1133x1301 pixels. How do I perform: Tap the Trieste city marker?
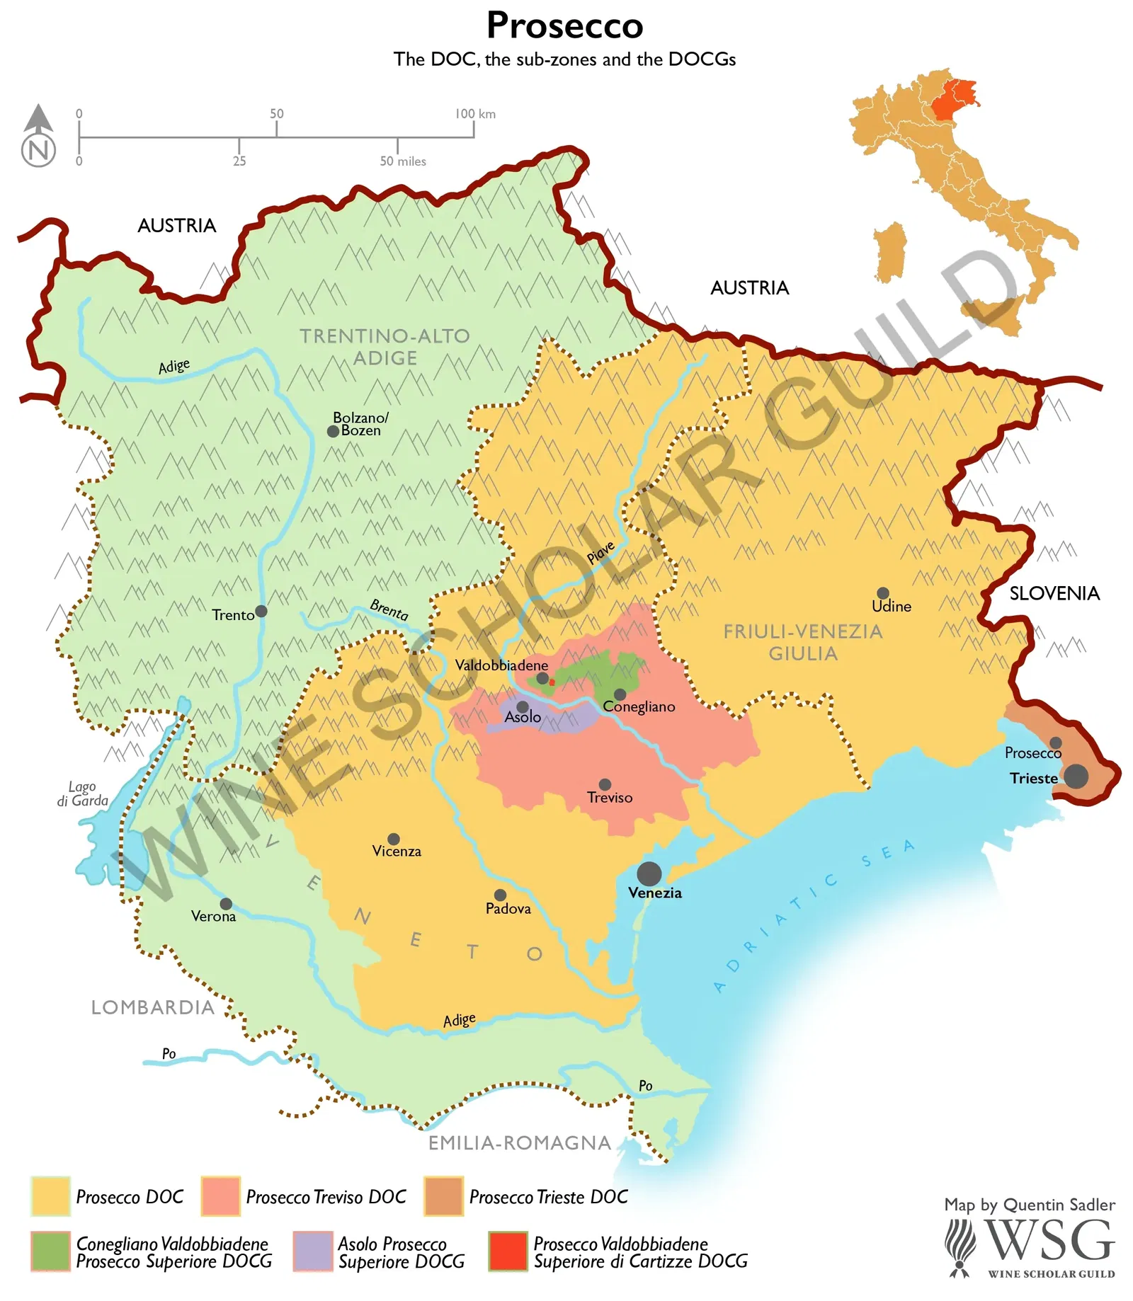(1076, 776)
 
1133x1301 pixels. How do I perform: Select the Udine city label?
(891, 607)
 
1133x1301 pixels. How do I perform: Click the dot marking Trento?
(261, 611)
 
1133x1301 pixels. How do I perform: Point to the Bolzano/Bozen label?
(360, 424)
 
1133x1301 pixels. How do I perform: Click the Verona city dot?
(226, 904)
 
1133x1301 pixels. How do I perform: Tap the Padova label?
(508, 909)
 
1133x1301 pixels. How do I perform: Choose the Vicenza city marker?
(394, 839)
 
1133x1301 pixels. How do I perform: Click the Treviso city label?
(610, 798)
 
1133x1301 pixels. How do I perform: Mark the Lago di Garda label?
(83, 793)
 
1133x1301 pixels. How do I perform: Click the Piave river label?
(600, 553)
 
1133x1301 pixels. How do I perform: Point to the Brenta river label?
(389, 609)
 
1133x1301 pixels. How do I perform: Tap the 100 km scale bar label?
(474, 114)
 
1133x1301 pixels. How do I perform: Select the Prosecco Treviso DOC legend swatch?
(220, 1196)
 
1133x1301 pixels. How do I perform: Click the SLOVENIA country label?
(1054, 593)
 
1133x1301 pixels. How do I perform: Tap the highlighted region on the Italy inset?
(955, 99)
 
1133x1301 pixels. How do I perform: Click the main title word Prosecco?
(564, 25)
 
